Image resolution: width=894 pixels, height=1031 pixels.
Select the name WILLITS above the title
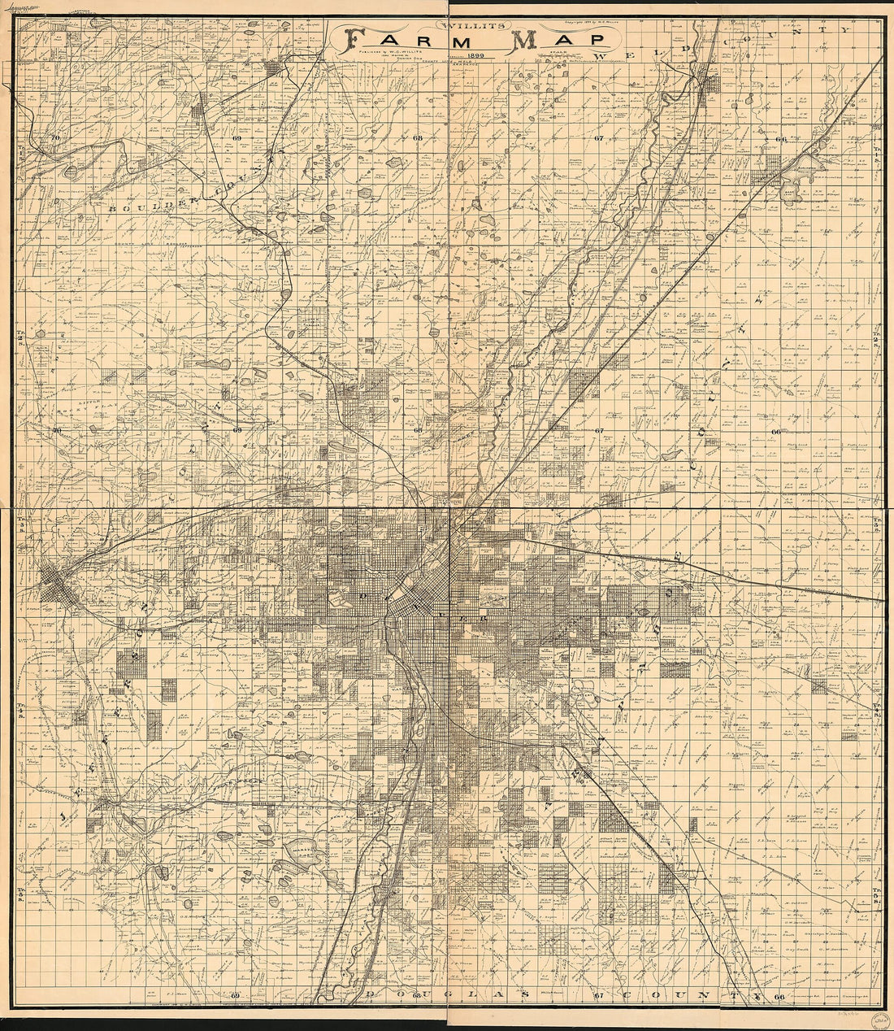[x=458, y=24]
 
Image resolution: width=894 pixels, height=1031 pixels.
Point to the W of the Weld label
[x=602, y=55]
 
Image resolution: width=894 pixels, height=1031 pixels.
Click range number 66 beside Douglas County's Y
[x=779, y=998]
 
